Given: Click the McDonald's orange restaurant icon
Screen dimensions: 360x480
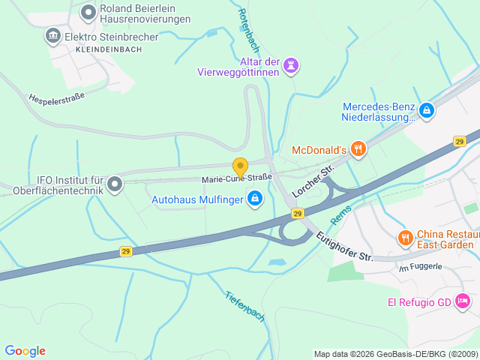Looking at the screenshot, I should pos(358,149).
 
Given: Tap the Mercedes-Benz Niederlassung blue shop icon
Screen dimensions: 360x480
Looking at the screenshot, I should pos(427,111).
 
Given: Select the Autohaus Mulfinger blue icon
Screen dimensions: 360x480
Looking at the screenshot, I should pos(255,199).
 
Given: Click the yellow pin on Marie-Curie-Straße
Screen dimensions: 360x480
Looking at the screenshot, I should pos(240,166).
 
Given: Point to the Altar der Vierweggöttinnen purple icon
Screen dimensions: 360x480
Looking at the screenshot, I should pos(291,66).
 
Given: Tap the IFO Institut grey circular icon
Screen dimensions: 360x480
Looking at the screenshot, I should pos(115,183).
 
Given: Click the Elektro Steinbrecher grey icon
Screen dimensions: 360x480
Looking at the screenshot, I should pos(52,35).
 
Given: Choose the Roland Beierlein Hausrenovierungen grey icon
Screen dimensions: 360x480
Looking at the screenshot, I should pos(88,11).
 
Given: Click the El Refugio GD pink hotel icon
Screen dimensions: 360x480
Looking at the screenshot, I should pos(463,301).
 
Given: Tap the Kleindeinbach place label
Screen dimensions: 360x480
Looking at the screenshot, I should pos(109,49).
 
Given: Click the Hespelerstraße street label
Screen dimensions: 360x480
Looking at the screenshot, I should pos(56,97).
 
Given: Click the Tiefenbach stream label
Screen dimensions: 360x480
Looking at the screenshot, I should pos(245,306).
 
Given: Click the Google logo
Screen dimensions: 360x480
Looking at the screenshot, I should pos(25,351).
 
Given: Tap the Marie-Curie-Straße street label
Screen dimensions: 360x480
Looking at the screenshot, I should pos(236,178).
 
